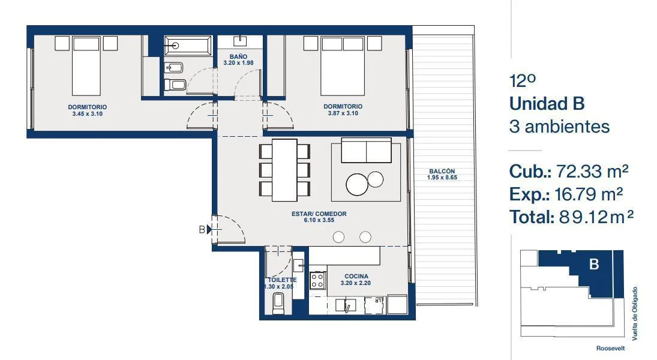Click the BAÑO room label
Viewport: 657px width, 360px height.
coord(238,56)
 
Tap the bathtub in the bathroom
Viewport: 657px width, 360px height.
coord(188,46)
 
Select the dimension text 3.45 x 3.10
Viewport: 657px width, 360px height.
coord(87,113)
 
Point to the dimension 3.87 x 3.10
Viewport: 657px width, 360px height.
coord(343,113)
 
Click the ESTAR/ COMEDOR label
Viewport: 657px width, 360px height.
coord(319,214)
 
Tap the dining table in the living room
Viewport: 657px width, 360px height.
coord(284,170)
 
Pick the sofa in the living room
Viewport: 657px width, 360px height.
coord(366,150)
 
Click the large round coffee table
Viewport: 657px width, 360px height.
coord(357,184)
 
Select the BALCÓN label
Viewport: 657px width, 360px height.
coord(442,171)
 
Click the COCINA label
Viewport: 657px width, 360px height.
coord(356,276)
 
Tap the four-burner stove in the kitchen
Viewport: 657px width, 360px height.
coord(317,280)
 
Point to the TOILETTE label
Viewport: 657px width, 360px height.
coord(282,280)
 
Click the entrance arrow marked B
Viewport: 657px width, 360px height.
coord(209,229)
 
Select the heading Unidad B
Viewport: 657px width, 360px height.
coord(547,104)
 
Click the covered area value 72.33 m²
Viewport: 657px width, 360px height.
coord(592,171)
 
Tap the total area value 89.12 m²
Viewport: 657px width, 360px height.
coord(596,217)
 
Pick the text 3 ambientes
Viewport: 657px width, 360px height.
coord(559,127)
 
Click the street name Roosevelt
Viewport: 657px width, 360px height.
coord(610,348)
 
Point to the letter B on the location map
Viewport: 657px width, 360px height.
coord(594,264)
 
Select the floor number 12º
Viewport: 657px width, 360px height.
coord(523,81)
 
